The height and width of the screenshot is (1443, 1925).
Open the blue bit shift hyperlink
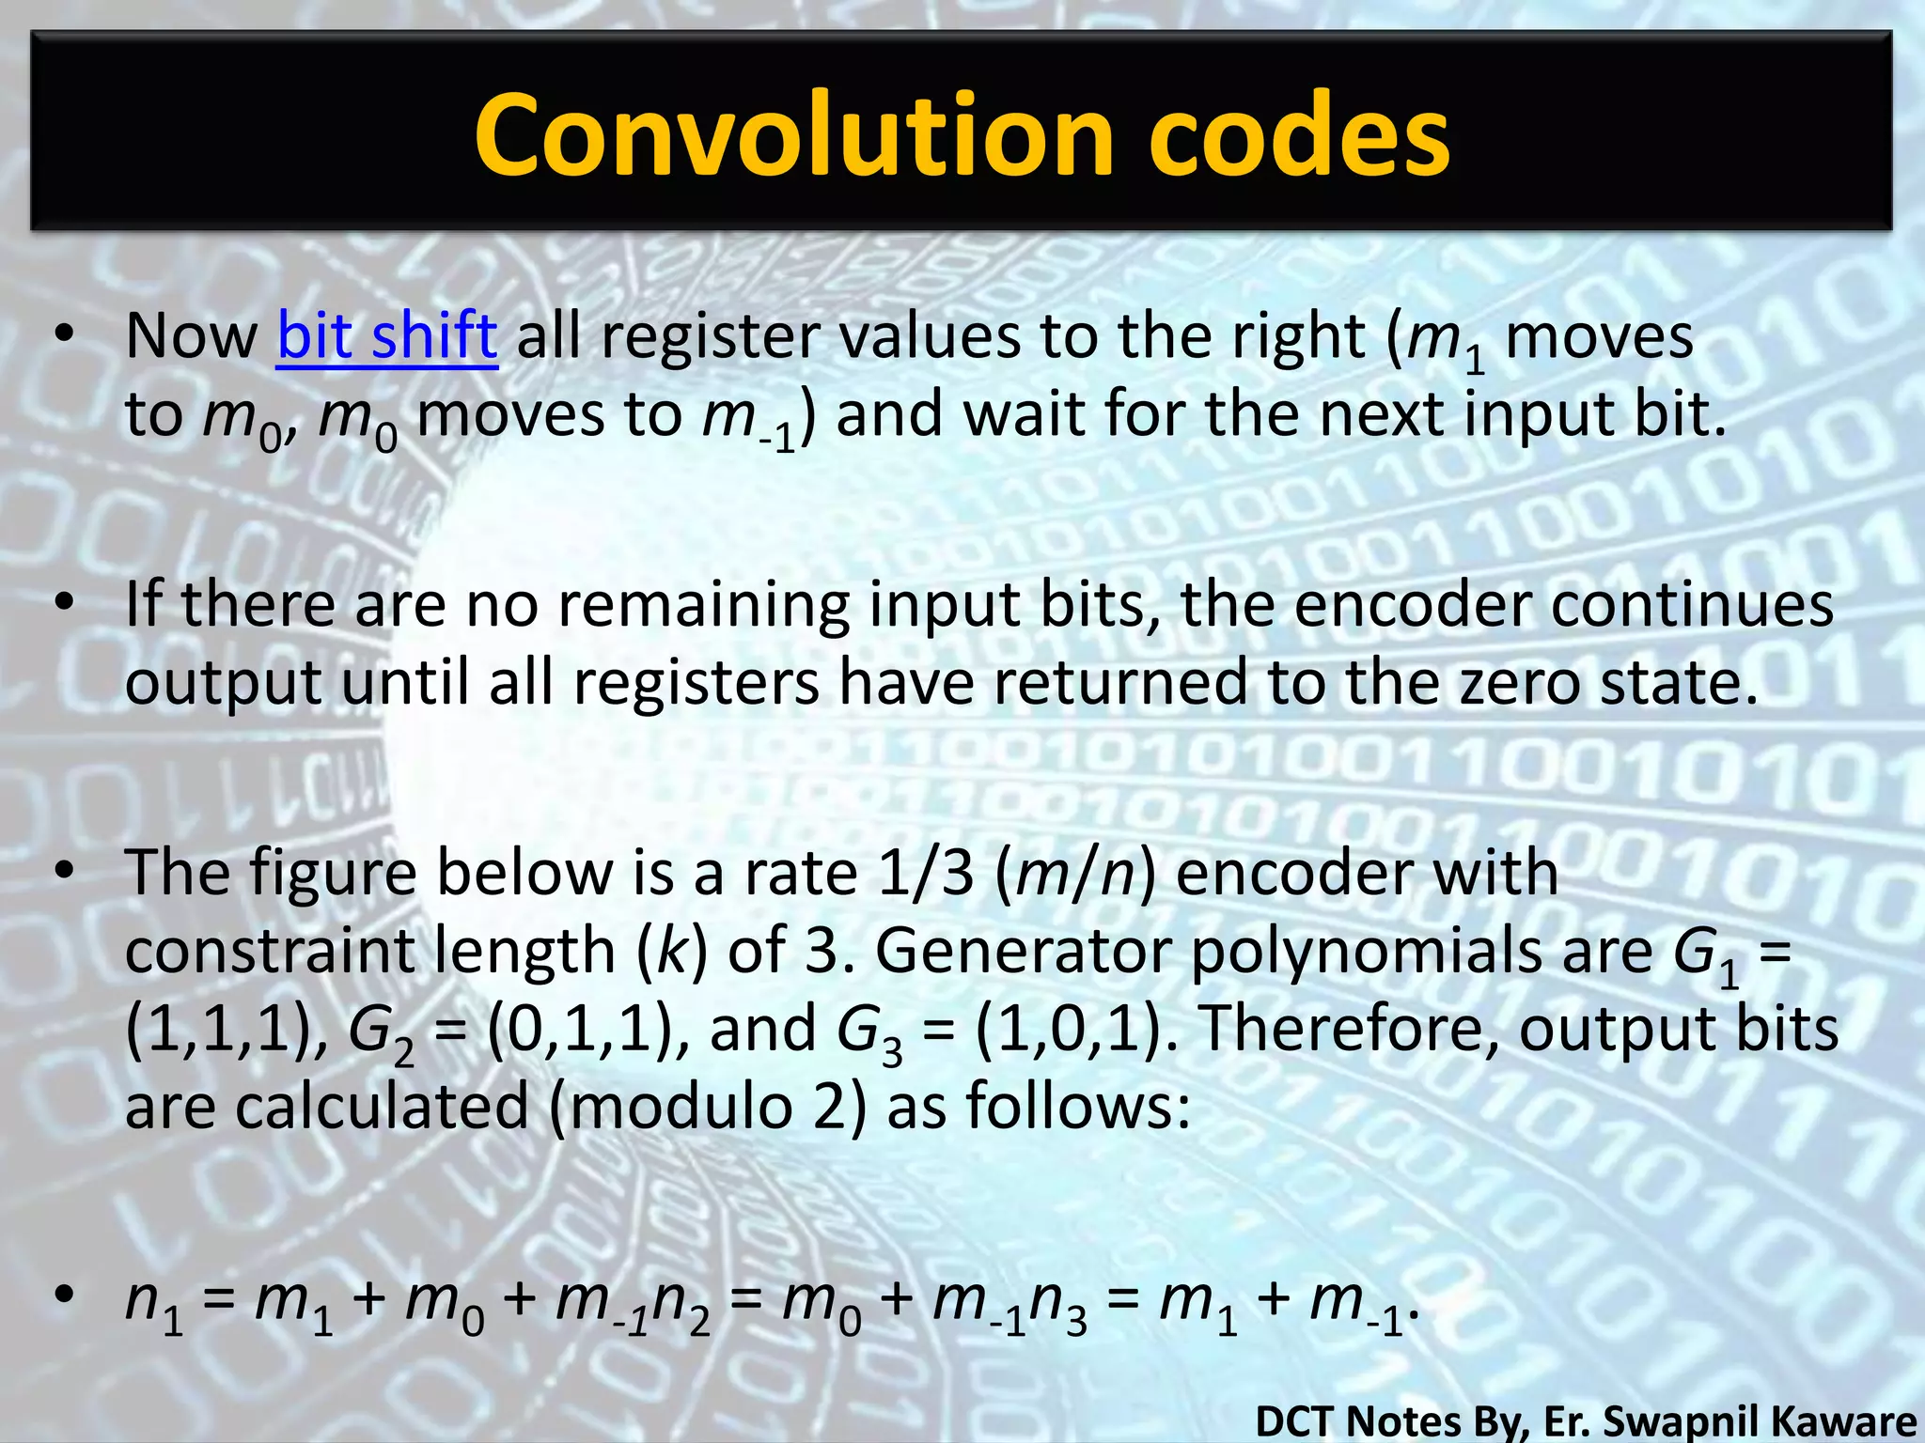(x=386, y=335)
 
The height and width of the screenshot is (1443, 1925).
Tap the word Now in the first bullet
(x=192, y=335)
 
